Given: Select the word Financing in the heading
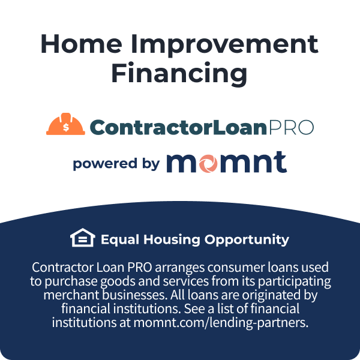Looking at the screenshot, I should (x=179, y=74).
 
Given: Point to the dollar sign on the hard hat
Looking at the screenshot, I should (x=66, y=127).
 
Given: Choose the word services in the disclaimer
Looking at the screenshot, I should (x=199, y=281).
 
